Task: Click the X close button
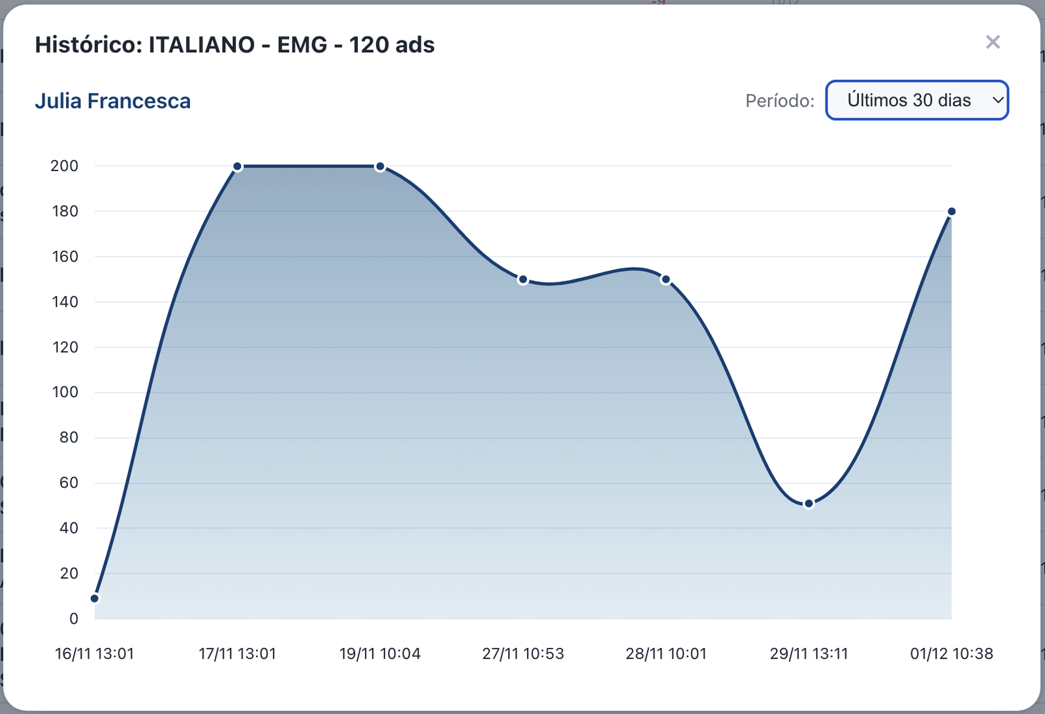993,42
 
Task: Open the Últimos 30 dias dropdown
917,100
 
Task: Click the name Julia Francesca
112,101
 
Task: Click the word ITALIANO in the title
201,45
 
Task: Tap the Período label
780,101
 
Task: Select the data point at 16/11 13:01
95,598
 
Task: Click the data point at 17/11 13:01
238,167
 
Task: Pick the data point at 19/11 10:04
380,167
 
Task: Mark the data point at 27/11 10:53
522,280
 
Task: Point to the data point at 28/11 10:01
666,280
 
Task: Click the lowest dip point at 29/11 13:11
809,504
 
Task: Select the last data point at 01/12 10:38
952,212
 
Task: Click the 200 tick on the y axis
64,166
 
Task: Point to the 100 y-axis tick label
65,392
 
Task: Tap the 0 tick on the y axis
74,619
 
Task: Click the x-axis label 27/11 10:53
522,654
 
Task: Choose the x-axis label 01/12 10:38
951,654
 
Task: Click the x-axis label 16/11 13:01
95,654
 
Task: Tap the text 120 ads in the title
392,45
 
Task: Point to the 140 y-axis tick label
65,302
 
